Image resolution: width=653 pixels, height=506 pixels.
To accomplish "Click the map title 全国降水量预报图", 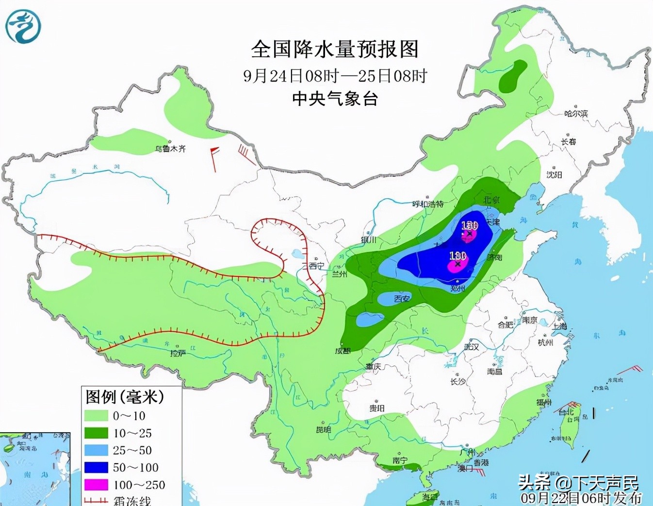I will click(x=334, y=49).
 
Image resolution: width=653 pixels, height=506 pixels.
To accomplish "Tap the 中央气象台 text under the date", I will click(x=335, y=99).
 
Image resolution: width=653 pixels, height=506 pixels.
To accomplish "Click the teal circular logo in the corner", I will click(x=23, y=27).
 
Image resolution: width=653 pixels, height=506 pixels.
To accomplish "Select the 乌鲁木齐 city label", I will click(x=170, y=149).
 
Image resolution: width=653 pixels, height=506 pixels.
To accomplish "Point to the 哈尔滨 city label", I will click(x=576, y=114).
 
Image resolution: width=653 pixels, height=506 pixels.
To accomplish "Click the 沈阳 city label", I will click(x=554, y=174).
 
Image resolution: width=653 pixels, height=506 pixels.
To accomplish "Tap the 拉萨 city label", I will click(x=178, y=353).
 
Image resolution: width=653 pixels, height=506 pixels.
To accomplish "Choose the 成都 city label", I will click(x=343, y=351).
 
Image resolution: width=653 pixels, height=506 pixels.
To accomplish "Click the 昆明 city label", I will click(x=324, y=429).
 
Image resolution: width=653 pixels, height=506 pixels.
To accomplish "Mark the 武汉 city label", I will click(x=471, y=347).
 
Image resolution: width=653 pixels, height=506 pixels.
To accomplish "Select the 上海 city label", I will click(x=559, y=326).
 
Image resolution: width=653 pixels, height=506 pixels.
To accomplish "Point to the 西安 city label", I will click(x=402, y=299).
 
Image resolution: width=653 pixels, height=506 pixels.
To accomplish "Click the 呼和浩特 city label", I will click(x=428, y=204).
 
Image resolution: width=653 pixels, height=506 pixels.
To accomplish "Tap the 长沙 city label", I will click(x=457, y=382).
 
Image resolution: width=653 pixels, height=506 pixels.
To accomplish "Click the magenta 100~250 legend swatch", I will click(x=96, y=485).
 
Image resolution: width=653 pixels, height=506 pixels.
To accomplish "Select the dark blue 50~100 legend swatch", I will click(x=96, y=467).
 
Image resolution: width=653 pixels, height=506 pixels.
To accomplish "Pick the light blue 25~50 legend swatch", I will click(x=96, y=450).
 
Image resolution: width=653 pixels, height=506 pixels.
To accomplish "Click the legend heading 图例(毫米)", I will click(x=125, y=397).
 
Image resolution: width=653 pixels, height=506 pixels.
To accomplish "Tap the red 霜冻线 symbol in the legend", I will click(x=96, y=500).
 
